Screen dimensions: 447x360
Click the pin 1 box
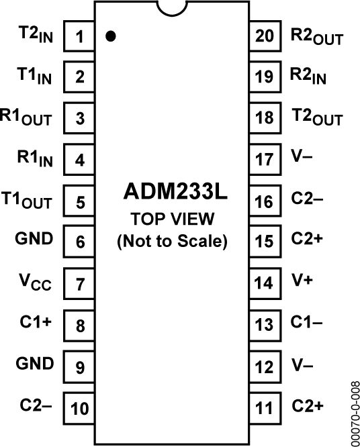[79, 36]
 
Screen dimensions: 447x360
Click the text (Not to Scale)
[173, 240]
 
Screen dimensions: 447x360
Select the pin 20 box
[265, 36]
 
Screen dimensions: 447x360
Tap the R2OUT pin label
[316, 36]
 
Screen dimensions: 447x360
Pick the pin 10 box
[79, 407]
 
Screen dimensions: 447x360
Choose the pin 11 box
[265, 407]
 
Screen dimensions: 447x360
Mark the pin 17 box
[265, 159]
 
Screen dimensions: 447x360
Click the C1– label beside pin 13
[307, 323]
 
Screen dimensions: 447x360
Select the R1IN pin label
[34, 159]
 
